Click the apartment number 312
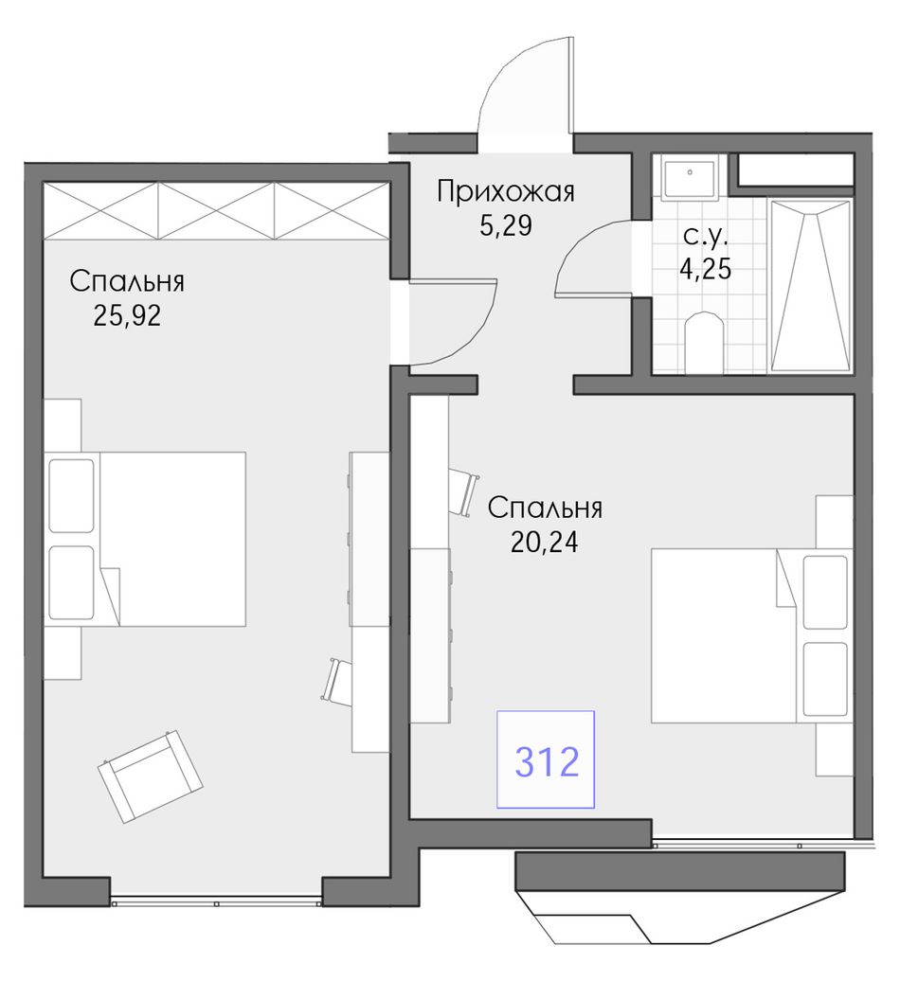point(547,762)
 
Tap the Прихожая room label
point(505,191)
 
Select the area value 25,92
point(127,316)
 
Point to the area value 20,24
point(545,542)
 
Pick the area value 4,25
point(706,269)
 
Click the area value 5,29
point(506,225)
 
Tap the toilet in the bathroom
point(704,342)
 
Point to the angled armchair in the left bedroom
point(151,776)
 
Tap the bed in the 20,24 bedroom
point(751,635)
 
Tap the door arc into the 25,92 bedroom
point(476,342)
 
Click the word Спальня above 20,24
point(545,508)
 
